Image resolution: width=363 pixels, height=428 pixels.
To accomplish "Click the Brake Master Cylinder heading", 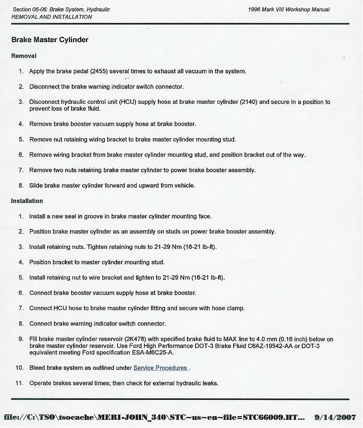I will point(50,40).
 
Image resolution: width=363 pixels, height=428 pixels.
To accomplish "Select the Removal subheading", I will point(24,56).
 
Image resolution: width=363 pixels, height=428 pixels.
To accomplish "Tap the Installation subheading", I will point(27,201).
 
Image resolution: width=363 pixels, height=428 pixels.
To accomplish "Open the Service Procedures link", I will point(160,368).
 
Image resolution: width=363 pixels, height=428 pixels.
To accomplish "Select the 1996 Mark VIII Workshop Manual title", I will point(289,10).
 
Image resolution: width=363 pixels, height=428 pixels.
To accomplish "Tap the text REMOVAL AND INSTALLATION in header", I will point(51,17).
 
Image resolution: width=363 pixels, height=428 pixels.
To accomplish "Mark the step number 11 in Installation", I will point(20,383).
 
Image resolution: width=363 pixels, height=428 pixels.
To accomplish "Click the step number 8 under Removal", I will point(21,185).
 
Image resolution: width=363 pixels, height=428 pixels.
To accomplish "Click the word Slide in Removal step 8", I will point(36,185).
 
